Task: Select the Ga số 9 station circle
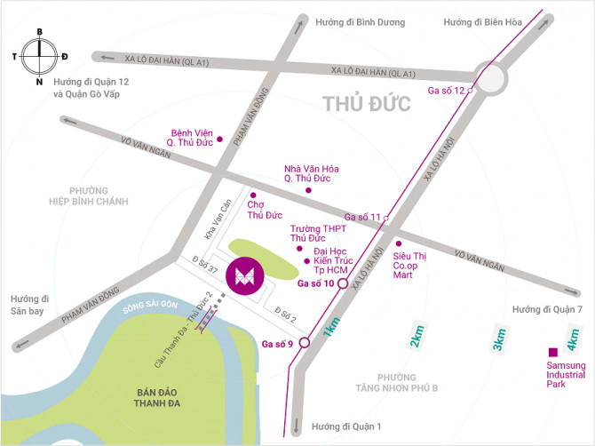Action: click(304, 342)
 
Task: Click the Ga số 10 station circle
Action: click(342, 284)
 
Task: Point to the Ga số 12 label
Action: click(447, 91)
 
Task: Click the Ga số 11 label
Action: click(362, 217)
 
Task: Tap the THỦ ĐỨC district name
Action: click(367, 104)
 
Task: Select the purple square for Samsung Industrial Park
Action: click(553, 352)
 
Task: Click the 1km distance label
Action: click(331, 327)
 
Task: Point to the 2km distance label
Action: click(416, 338)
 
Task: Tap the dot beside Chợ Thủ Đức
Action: click(252, 195)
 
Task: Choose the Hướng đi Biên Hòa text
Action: click(481, 20)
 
